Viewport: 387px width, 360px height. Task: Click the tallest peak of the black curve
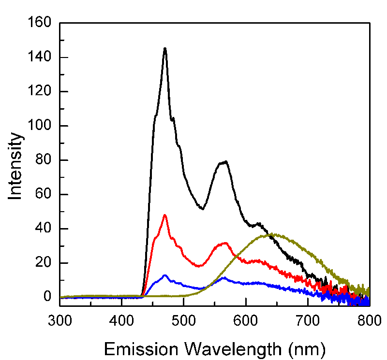click(165, 48)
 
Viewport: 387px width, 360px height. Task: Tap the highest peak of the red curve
click(165, 215)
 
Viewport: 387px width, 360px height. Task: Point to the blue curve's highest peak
click(165, 275)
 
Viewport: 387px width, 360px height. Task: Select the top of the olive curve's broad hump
click(273, 234)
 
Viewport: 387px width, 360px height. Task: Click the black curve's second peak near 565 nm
click(224, 162)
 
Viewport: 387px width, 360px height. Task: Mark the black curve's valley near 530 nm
click(202, 209)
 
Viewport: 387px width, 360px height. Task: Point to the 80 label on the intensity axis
click(43, 160)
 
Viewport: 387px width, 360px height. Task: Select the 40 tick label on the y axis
click(43, 229)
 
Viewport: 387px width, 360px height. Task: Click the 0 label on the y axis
click(47, 297)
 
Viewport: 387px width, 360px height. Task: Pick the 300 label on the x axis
click(60, 320)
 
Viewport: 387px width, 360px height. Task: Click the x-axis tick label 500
click(184, 320)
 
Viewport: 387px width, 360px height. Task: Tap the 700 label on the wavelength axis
click(308, 320)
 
